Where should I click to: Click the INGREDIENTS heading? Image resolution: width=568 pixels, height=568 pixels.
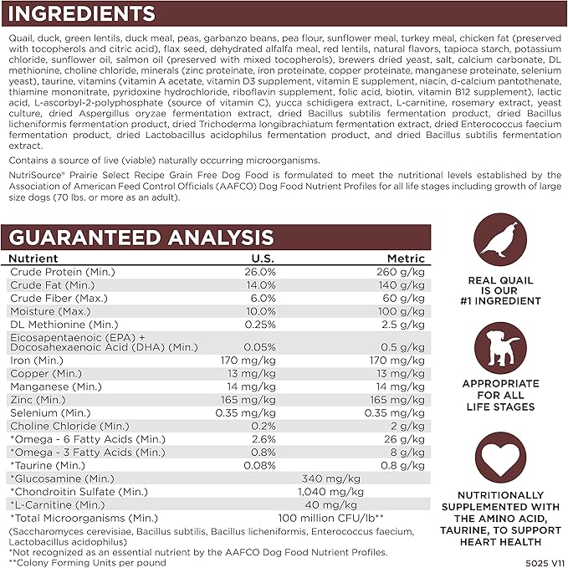click(82, 14)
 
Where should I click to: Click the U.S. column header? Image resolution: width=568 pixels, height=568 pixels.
click(263, 259)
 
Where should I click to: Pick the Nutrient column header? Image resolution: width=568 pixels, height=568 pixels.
click(34, 259)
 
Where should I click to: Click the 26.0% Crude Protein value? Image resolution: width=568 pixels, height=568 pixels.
click(259, 272)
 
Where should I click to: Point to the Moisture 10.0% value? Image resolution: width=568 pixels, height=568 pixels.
click(259, 310)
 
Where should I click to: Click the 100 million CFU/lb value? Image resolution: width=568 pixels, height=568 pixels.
click(331, 517)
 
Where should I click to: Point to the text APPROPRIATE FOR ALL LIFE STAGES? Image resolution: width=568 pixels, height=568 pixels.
click(499, 396)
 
